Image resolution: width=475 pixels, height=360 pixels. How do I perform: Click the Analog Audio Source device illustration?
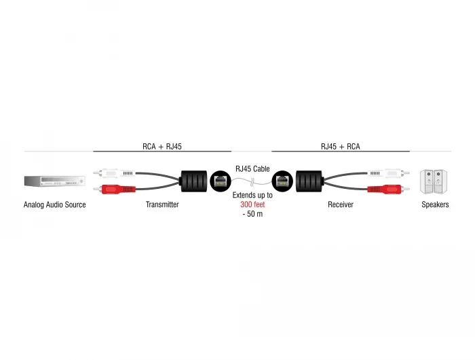pos(54,181)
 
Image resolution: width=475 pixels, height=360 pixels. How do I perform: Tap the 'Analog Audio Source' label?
pos(54,204)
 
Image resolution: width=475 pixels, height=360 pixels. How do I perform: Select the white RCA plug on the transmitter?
pos(114,173)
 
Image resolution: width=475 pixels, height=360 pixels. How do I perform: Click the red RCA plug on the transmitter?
pos(114,189)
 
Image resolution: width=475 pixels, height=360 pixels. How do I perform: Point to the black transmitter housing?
pos(194,181)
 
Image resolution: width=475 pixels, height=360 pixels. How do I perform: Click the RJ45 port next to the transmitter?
pos(221,181)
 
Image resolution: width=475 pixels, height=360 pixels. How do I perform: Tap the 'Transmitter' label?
pos(162,204)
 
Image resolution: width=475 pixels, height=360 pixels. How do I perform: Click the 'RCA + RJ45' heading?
pos(162,147)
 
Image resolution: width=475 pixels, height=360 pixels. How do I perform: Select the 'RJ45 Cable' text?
pos(252,168)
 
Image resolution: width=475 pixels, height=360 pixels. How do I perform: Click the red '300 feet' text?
pos(252,204)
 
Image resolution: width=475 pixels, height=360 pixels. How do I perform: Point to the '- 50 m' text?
pos(252,214)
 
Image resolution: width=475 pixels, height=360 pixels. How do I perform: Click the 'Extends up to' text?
pos(252,195)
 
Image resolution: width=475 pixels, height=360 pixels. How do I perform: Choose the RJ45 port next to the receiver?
pos(282,181)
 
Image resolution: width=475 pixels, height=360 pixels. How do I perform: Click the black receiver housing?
pos(309,181)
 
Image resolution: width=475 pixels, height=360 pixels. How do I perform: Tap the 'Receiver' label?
pos(341,204)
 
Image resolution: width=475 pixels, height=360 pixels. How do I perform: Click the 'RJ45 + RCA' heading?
pos(341,147)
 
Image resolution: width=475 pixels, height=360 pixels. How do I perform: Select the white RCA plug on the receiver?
pos(389,173)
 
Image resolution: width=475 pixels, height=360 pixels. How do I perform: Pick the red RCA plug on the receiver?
pos(389,189)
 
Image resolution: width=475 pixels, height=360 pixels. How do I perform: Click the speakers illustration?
pos(434,181)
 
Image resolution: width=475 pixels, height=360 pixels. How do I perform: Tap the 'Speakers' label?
pos(435,204)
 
